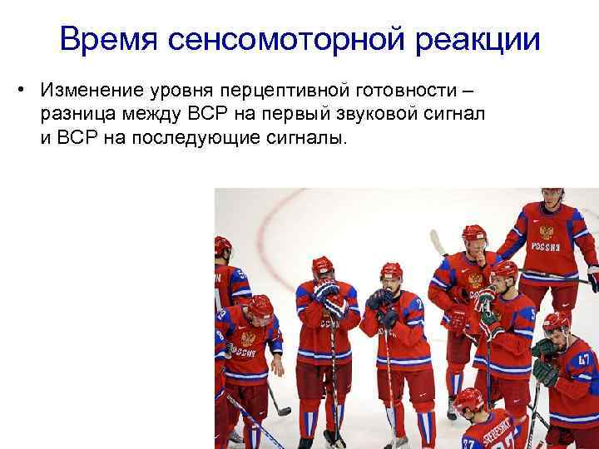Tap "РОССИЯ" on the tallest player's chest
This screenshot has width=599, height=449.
[546, 247]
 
